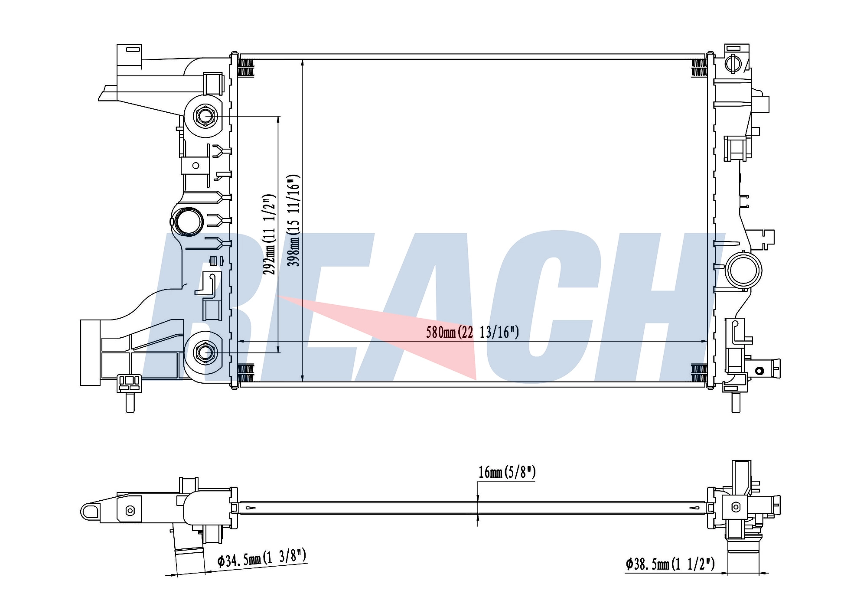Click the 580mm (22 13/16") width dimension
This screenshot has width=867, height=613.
pos(473,333)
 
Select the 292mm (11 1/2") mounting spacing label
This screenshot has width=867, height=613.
pos(269,234)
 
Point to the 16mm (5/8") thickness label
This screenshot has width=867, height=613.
pos(507,472)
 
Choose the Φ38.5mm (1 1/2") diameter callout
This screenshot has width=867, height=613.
pos(670,564)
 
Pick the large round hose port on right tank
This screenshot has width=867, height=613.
pos(743,270)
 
